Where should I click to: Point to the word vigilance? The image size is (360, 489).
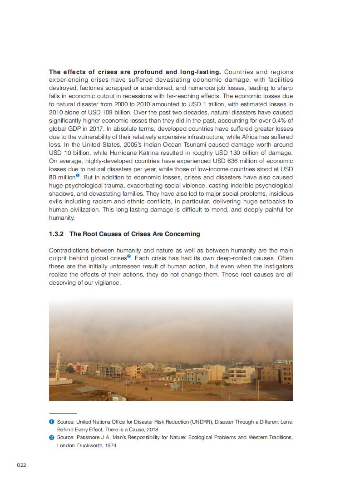tap(108, 282)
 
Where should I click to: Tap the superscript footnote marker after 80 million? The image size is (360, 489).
tap(78, 176)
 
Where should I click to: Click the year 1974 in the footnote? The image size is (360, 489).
tap(111, 445)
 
